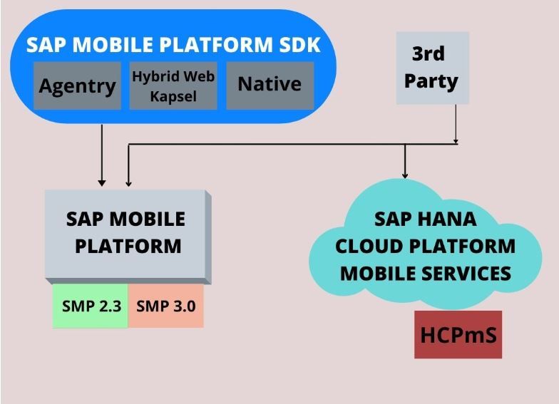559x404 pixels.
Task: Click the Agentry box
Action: (x=77, y=86)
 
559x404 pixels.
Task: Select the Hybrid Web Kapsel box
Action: (x=173, y=86)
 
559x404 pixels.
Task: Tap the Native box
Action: (x=270, y=86)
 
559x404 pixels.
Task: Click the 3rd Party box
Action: (x=432, y=68)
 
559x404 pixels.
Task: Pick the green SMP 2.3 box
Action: (x=90, y=306)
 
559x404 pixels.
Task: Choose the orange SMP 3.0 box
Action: (x=165, y=306)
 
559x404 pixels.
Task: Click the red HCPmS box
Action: (x=458, y=335)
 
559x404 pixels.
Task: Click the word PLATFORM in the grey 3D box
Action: (x=128, y=247)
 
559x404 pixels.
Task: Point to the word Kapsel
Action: (x=173, y=97)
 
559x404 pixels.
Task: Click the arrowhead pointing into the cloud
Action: (x=405, y=175)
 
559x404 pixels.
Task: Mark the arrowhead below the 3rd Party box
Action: (x=456, y=141)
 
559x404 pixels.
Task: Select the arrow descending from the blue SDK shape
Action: (x=102, y=155)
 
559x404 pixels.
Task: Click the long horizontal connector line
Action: (x=292, y=144)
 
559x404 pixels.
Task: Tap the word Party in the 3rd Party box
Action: (x=431, y=81)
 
